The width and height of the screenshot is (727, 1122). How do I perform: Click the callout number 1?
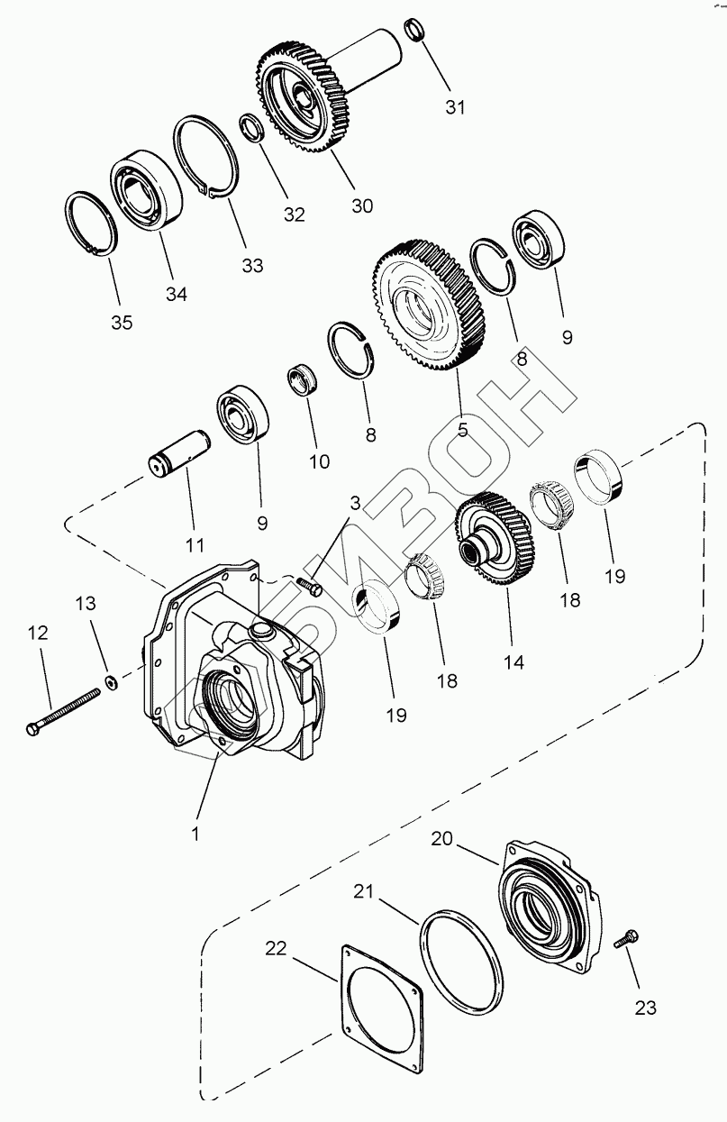pos(194,834)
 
